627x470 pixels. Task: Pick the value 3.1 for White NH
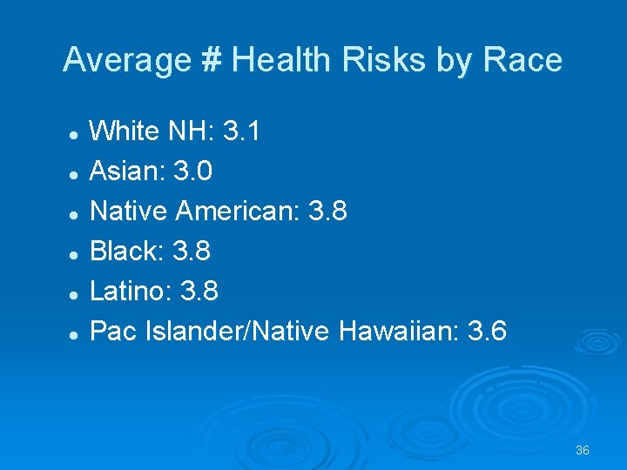tap(241, 132)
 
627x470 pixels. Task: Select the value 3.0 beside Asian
tap(192, 171)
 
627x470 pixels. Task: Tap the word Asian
tap(127, 171)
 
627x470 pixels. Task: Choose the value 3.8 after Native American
tap(328, 211)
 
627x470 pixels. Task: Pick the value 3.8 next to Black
tap(191, 252)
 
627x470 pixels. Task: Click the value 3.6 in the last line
tap(488, 332)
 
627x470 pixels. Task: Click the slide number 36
tap(583, 450)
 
